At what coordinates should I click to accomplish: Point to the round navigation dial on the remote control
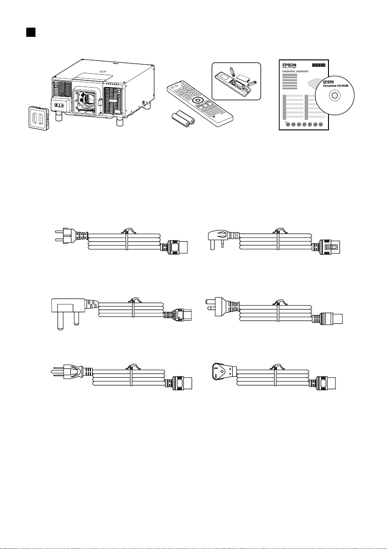point(197,100)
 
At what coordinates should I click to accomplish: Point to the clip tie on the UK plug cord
point(134,305)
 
